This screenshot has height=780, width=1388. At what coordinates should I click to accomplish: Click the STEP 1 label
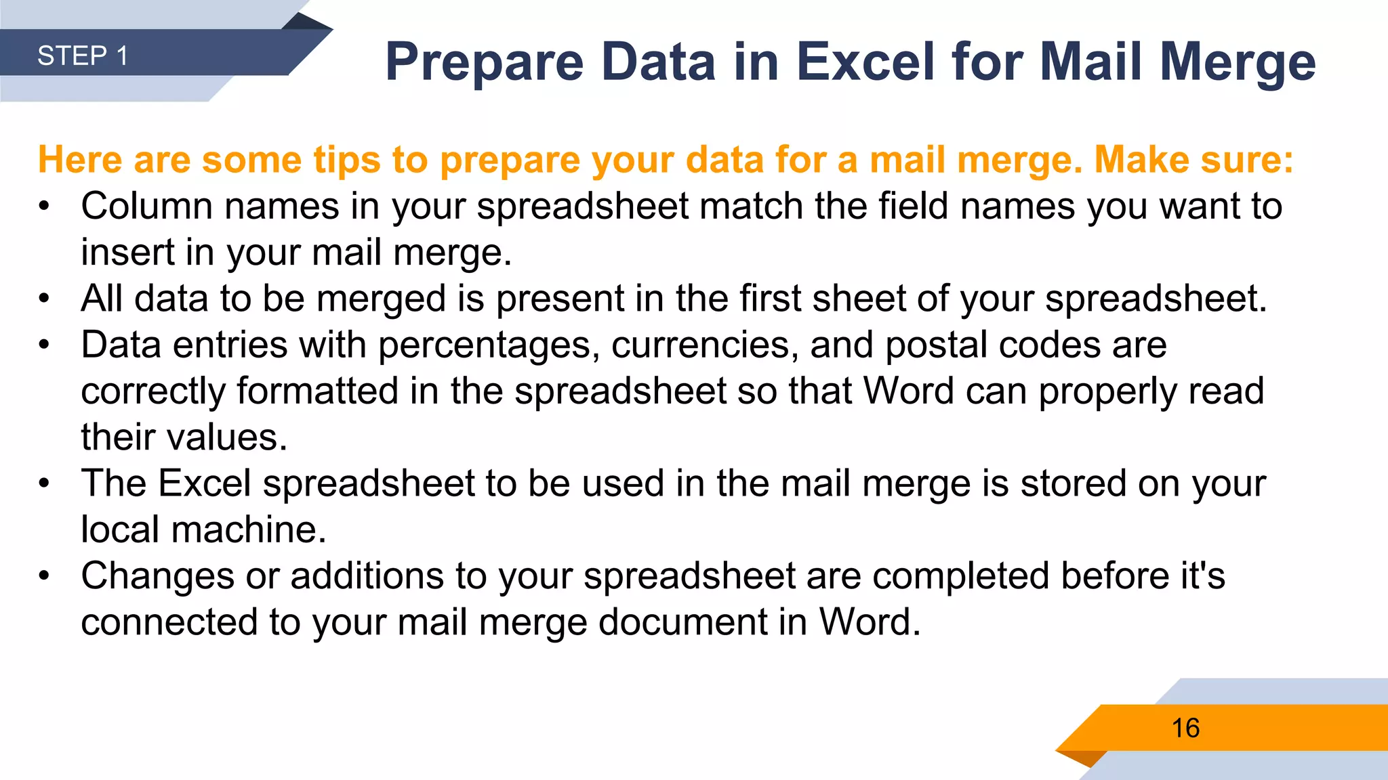(83, 56)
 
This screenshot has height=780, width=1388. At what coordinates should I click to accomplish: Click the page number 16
(1185, 729)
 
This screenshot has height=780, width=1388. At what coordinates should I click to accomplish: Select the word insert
(128, 252)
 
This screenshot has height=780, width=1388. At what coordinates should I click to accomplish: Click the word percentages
(488, 345)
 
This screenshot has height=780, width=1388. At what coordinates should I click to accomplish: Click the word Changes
(158, 576)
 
